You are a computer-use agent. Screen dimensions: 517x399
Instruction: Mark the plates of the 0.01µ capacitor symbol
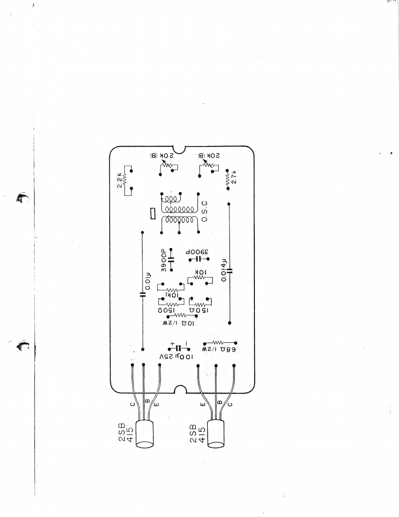click(x=142, y=294)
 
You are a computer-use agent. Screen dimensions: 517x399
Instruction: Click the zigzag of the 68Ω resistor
click(x=219, y=342)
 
